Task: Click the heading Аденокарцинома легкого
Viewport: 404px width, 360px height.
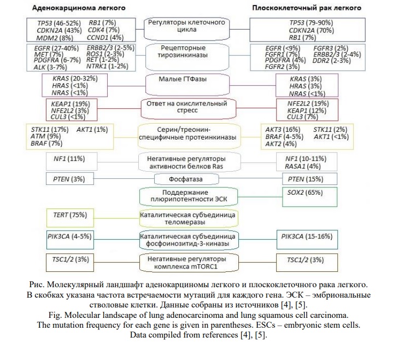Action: pos(78,9)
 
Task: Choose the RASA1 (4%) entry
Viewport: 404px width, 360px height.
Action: pos(302,166)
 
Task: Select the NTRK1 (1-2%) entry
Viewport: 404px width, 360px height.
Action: pos(108,67)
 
